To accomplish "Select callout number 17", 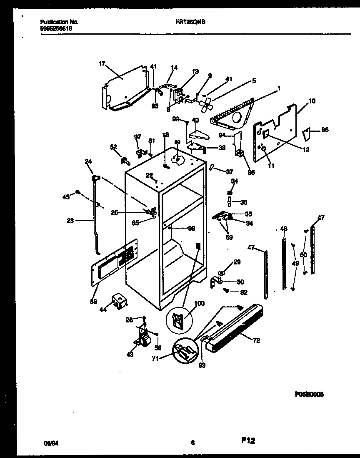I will pos(102,64).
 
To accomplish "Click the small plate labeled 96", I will pos(307,134).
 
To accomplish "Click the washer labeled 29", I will pos(221,273).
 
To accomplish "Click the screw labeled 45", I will pos(77,192).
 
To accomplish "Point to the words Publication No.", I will pos(60,21).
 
